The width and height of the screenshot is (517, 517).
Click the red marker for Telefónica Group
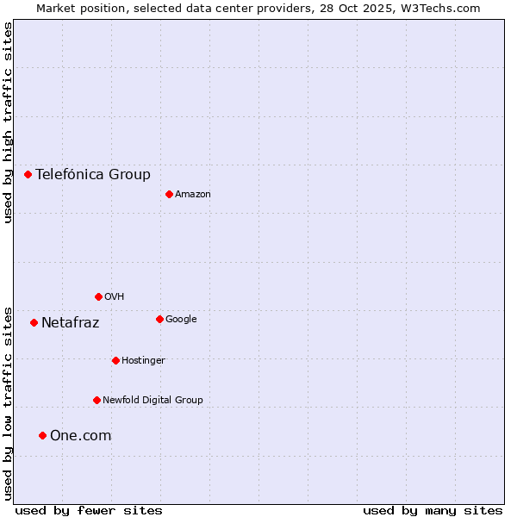[28, 174]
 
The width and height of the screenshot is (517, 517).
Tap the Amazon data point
[169, 194]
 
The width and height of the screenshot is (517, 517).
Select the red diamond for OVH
[98, 296]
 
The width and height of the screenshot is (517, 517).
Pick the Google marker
[159, 319]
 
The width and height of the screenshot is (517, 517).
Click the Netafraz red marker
[34, 322]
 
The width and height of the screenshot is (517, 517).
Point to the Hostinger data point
[115, 360]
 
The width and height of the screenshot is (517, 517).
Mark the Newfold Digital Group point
[97, 400]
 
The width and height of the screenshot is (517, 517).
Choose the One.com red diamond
[42, 435]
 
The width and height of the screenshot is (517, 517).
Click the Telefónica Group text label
[93, 174]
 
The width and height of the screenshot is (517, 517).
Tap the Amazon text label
[193, 194]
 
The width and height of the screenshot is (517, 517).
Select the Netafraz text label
[71, 323]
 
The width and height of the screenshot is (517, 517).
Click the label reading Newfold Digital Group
[153, 400]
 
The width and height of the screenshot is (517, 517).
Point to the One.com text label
[81, 436]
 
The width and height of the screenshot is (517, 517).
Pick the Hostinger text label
[143, 360]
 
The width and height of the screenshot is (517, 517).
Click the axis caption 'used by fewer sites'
[89, 510]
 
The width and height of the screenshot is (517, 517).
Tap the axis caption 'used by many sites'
[433, 510]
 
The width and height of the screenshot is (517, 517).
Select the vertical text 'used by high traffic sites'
[8, 122]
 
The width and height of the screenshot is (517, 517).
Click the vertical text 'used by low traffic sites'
[8, 403]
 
